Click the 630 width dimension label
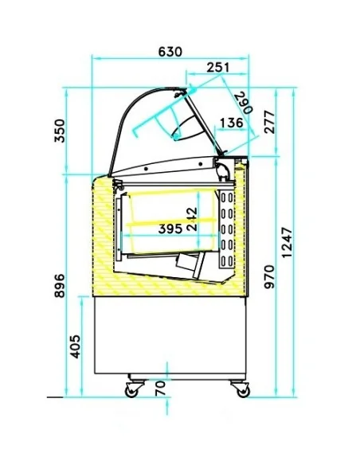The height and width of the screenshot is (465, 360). [170, 52]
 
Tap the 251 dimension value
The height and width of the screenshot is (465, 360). [218, 68]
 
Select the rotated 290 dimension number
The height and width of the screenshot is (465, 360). [244, 104]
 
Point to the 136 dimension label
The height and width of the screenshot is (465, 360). [232, 122]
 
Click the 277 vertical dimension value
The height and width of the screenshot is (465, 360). [270, 122]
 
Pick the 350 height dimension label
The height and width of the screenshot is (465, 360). [60, 131]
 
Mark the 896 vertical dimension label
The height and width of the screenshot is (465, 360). [60, 285]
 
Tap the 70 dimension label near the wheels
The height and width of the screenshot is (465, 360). [160, 389]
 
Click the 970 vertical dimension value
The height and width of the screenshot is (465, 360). [270, 277]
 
